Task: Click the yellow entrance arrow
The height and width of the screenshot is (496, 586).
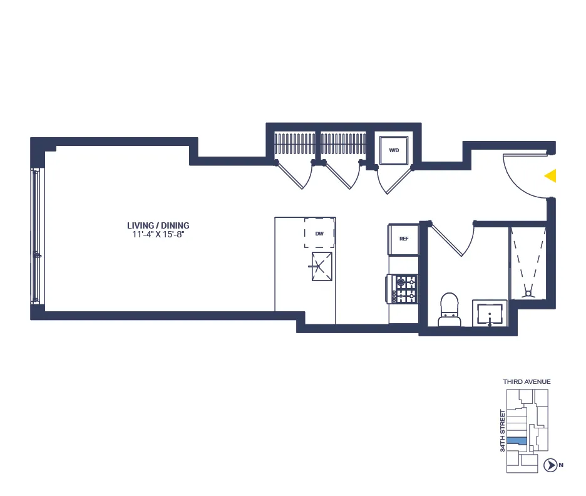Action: (x=551, y=176)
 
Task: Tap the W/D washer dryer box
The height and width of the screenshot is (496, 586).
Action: (x=394, y=150)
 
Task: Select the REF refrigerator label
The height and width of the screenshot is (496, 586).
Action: (x=404, y=238)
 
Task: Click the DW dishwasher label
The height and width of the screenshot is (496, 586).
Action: (x=319, y=234)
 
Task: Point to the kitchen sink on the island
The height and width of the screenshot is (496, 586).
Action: (x=322, y=267)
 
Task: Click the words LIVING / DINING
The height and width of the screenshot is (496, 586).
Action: (x=158, y=225)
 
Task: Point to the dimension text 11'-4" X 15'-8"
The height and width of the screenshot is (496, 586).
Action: (x=158, y=235)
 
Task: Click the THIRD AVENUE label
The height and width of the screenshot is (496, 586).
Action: (x=527, y=381)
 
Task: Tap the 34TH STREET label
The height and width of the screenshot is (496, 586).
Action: (x=502, y=431)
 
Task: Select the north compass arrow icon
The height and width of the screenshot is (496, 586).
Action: (x=550, y=465)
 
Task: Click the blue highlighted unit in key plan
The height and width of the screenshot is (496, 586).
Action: (x=517, y=441)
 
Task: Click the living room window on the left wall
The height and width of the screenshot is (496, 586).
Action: (x=37, y=236)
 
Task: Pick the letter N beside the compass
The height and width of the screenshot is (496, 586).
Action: (x=562, y=465)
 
